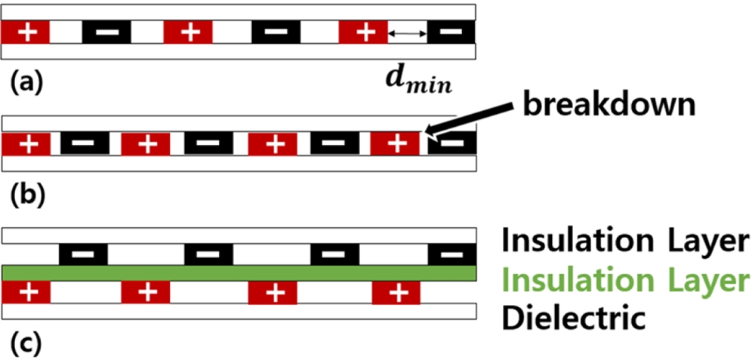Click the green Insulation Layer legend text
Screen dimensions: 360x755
(x=625, y=280)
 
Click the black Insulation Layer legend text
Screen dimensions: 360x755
(x=625, y=242)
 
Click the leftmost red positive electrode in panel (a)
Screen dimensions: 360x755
(x=26, y=32)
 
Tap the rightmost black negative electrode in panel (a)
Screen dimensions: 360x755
(x=451, y=32)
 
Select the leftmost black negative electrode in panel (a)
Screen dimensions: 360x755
(x=106, y=32)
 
